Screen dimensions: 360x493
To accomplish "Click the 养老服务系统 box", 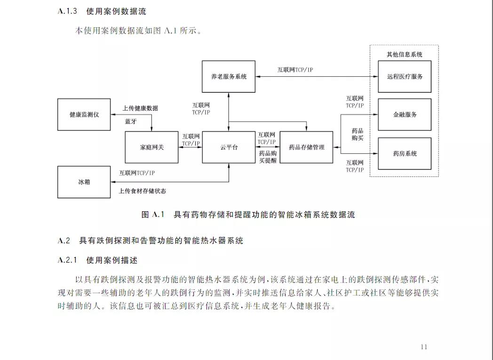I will [x=229, y=76].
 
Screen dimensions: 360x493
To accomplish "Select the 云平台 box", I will [x=229, y=147].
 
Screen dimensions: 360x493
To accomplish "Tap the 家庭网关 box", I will [x=151, y=147].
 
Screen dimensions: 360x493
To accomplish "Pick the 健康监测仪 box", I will [x=84, y=114].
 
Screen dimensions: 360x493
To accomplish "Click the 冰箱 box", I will [x=84, y=182].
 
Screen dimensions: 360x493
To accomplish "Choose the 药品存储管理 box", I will [x=306, y=147].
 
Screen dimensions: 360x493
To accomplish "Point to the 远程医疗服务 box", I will [x=405, y=76].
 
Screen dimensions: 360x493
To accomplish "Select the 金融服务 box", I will [x=405, y=114].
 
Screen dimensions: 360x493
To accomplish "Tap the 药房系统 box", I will [x=405, y=153].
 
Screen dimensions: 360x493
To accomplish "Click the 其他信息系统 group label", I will [x=404, y=54].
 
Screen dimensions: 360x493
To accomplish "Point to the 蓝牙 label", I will [x=131, y=121].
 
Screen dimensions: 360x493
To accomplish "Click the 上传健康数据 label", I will [x=140, y=108].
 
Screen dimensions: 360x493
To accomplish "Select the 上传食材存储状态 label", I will [x=142, y=191].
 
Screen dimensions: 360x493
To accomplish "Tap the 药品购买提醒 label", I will [x=267, y=157].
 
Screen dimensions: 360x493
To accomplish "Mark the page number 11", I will [x=424, y=347].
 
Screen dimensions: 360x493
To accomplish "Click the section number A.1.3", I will [x=67, y=11].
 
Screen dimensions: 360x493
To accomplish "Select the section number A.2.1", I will [x=67, y=260].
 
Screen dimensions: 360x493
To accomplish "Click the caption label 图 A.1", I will [x=152, y=215].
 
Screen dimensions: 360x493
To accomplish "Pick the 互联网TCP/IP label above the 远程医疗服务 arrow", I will [x=295, y=70].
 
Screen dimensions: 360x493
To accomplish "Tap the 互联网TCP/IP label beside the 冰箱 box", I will [x=137, y=173].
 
